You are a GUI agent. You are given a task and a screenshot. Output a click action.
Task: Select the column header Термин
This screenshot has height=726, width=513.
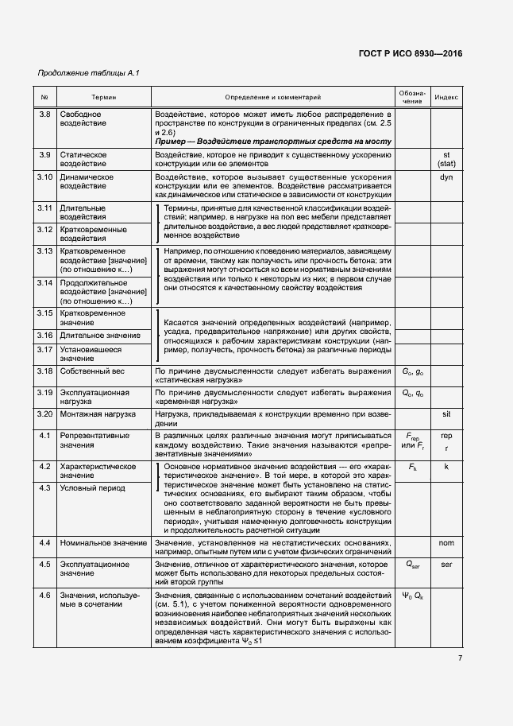coord(102,97)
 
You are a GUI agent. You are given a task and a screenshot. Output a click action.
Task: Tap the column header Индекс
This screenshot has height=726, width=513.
coord(446,97)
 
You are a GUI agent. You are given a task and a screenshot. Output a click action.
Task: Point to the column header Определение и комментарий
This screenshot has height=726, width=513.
coord(272,97)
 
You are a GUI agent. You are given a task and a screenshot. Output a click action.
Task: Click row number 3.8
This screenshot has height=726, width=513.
coord(45,115)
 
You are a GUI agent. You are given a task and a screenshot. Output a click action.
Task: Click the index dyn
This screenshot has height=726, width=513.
coord(445,177)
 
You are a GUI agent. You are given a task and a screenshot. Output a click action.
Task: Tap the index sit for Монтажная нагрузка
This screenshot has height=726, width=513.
coord(445,414)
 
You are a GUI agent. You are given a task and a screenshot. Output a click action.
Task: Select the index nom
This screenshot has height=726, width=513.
coord(445,543)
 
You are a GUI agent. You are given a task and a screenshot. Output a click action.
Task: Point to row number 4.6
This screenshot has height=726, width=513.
coord(45,595)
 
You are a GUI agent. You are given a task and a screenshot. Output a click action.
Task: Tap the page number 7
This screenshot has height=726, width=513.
coord(460,658)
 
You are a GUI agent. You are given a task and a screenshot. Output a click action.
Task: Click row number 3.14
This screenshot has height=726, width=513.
coord(45,282)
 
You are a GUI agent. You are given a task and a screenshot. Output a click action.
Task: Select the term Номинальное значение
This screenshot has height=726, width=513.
coord(98,543)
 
